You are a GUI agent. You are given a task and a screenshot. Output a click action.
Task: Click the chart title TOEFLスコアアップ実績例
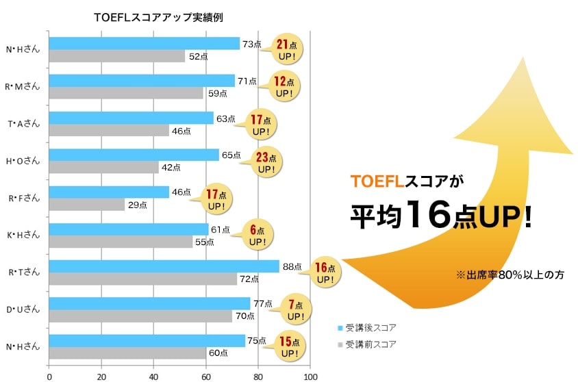158,17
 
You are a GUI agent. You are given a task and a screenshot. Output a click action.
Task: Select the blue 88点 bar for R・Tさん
164,266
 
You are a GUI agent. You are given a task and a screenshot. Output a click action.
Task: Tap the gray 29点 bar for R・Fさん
87,204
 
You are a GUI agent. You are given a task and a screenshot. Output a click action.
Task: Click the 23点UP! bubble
264,162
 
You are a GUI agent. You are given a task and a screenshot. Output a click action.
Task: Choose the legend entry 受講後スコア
370,327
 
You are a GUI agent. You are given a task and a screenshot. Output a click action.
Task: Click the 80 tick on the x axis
258,376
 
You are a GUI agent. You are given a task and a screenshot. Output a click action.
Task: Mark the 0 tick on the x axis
49,376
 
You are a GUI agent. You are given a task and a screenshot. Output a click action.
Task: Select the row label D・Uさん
25,309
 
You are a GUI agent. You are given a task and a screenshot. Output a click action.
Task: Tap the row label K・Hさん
25,235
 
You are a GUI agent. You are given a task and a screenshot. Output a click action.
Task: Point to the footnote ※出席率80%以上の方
510,275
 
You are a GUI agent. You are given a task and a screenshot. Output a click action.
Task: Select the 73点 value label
251,44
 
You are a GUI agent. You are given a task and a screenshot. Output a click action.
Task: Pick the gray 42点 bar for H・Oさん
103,167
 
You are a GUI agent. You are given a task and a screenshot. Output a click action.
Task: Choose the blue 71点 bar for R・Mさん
142,81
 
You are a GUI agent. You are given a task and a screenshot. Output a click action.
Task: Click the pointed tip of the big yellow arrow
522,58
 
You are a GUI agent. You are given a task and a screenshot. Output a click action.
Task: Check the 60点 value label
218,353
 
